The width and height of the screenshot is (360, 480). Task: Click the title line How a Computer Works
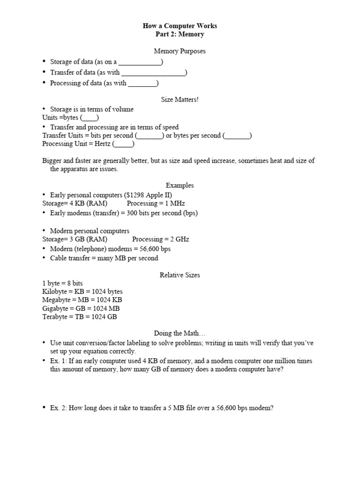pos(180,26)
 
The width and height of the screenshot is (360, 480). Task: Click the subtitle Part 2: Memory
pos(180,34)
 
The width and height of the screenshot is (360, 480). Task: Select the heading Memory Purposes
pos(180,51)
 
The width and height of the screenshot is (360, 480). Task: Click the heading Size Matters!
pos(180,100)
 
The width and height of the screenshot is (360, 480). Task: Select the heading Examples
pos(180,185)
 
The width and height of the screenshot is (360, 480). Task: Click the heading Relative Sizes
pos(180,275)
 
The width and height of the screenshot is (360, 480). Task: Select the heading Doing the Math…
pos(180,333)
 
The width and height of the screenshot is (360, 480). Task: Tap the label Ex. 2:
pos(59,408)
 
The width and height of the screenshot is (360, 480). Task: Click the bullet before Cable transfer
pos(44,258)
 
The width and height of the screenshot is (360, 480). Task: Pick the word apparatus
pos(75,169)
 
